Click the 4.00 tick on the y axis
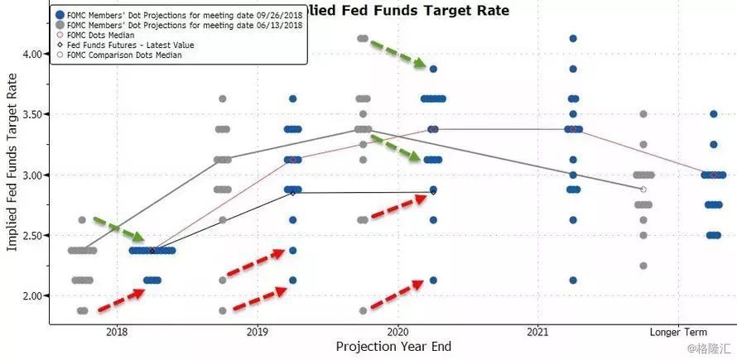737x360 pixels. pos(34,54)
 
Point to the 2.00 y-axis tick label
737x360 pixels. pos(34,295)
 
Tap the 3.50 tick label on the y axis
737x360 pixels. pos(34,114)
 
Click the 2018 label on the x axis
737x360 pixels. pos(117,331)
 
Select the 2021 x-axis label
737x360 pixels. pos(538,331)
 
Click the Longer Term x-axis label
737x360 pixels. pos(679,331)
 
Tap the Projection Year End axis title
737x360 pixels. pos(393,346)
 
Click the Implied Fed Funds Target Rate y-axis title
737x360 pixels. pos(12,166)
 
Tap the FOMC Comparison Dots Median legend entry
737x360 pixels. pos(124,55)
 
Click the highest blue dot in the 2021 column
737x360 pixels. pos(573,38)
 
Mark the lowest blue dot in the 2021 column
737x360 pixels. pos(573,280)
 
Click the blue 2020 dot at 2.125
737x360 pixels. pos(433,280)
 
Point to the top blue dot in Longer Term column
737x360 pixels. pos(714,114)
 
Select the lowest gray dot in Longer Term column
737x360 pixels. pos(643,266)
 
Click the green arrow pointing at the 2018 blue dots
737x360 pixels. pos(121,231)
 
